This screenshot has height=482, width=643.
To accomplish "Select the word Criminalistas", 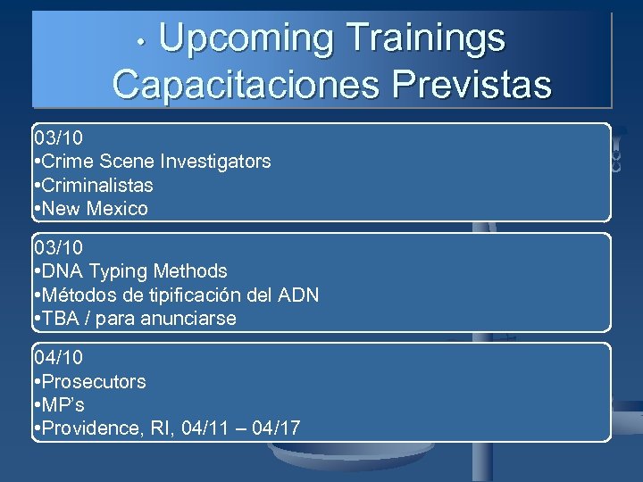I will pyautogui.click(x=97, y=186).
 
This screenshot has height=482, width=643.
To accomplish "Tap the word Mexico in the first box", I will pyautogui.click(x=115, y=209).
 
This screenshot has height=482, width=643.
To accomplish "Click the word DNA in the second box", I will pyautogui.click(x=62, y=271).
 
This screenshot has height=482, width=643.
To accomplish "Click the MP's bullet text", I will pyautogui.click(x=63, y=405).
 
